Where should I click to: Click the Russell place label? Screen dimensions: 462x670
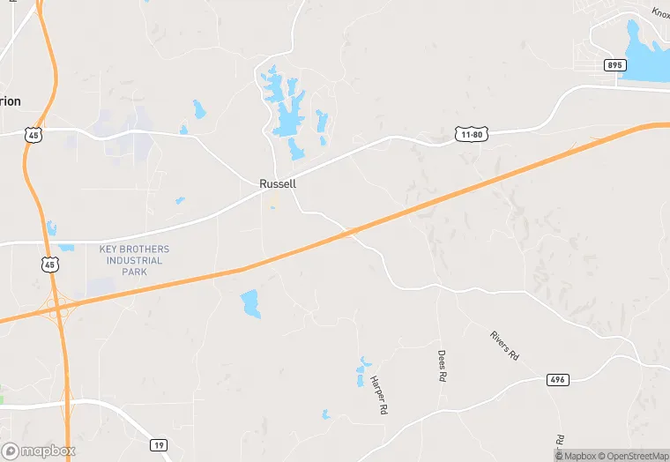[277, 184]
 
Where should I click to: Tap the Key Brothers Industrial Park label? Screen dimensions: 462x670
[134, 260]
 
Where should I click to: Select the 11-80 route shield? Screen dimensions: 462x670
[471, 134]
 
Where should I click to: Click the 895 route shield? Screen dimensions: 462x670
[615, 65]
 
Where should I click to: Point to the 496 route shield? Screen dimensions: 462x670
[558, 379]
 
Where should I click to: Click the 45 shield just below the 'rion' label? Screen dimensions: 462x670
[33, 134]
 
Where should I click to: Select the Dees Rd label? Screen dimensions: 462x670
[443, 365]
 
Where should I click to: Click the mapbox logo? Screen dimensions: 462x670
[39, 451]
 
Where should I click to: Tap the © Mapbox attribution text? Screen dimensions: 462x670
[574, 455]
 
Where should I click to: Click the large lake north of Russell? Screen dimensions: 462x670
[287, 115]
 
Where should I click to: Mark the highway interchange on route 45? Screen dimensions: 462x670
[60, 308]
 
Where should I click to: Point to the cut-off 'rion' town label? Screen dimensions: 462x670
[10, 101]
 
